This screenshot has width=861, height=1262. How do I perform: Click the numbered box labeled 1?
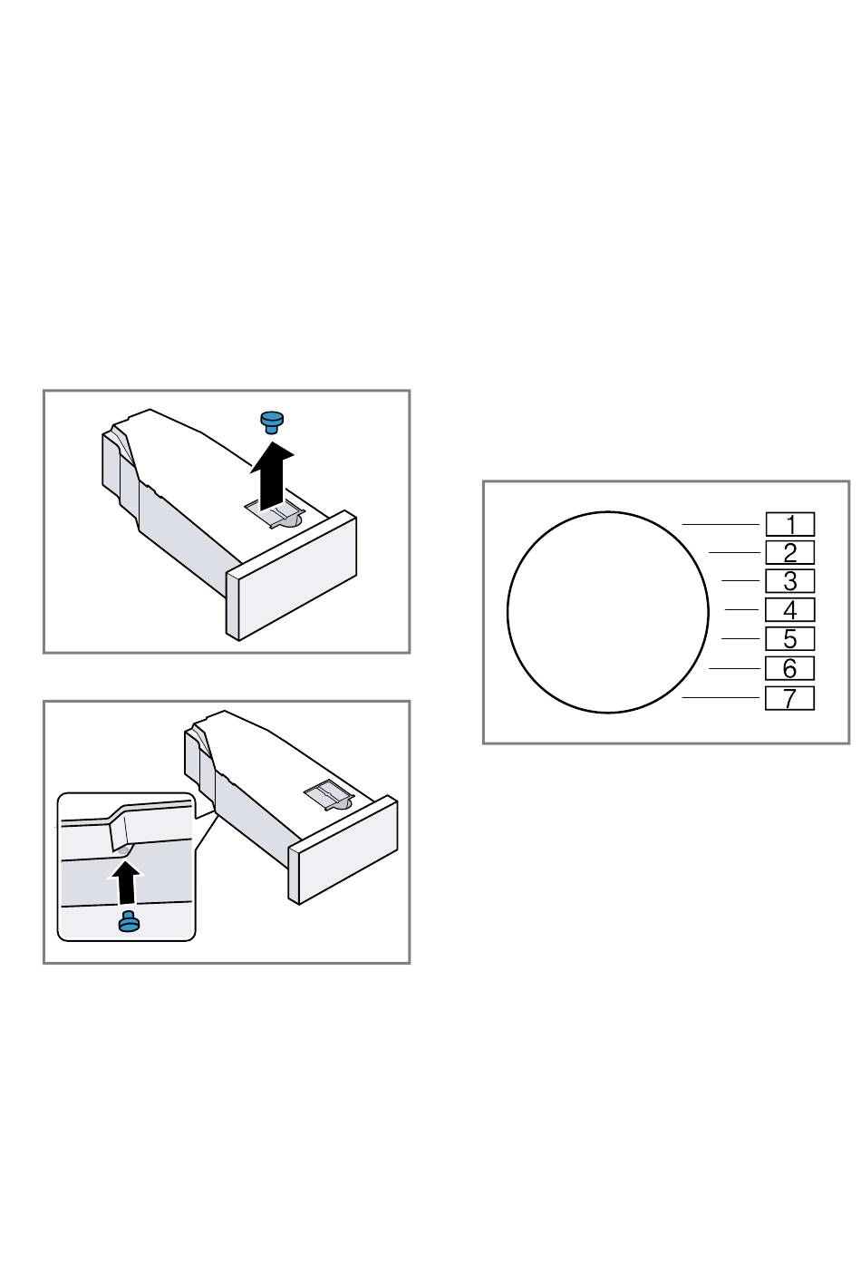789,524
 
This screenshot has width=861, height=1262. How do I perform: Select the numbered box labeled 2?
789,552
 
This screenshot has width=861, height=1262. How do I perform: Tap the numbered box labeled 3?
789,581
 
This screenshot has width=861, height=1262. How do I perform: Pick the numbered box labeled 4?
789,609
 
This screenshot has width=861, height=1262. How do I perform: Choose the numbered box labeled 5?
789,638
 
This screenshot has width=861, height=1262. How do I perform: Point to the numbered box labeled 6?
789,669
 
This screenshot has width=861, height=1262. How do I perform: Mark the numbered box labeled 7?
789,698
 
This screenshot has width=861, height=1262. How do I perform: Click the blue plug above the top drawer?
273,422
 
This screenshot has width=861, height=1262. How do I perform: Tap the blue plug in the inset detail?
129,921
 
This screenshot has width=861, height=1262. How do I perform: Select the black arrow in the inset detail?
125,882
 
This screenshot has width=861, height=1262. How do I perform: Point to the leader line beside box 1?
721,524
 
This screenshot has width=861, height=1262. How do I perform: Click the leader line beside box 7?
721,697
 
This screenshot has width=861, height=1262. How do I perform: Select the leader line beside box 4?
741,609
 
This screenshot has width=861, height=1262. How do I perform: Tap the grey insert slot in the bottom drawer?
328,795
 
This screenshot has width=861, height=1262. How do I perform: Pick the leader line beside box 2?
734,552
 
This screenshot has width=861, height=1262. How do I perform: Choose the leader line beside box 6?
734,668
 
